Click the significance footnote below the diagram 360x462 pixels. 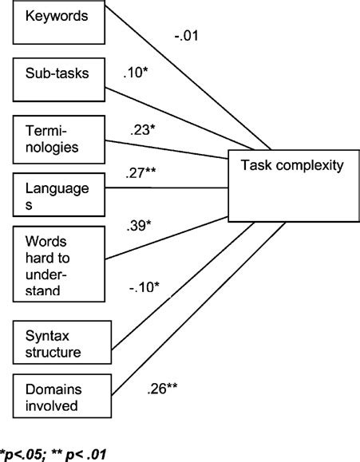[x=55, y=455]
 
